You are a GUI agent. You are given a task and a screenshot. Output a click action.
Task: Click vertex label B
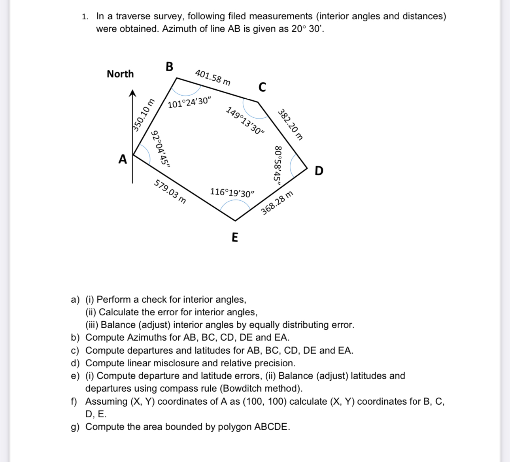pyautogui.click(x=169, y=66)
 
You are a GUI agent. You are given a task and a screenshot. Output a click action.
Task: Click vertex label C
pyautogui.click(x=262, y=87)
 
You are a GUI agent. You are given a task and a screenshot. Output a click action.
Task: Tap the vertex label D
pyautogui.click(x=319, y=171)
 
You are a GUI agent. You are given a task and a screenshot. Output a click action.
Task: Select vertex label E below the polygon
pyautogui.click(x=234, y=238)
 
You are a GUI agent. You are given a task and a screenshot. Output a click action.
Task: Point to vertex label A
pyautogui.click(x=123, y=159)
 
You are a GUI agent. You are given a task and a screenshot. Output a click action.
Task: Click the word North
pyautogui.click(x=120, y=74)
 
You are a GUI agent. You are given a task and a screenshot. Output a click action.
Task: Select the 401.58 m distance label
pyautogui.click(x=213, y=77)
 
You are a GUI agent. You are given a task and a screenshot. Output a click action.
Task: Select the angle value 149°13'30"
pyautogui.click(x=245, y=121)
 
